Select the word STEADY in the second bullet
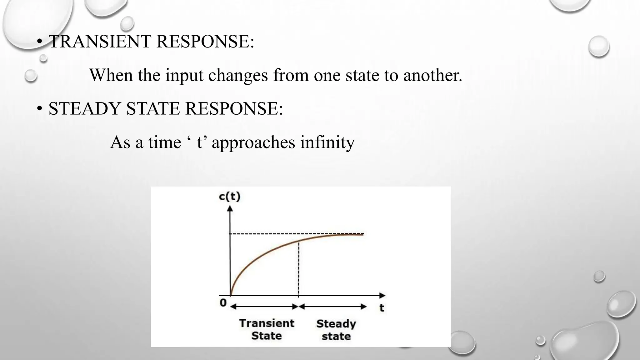(x=85, y=109)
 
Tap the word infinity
(x=327, y=142)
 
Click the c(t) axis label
(x=230, y=197)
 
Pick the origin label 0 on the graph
(x=223, y=303)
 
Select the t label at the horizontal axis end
(x=382, y=308)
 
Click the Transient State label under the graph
(x=267, y=329)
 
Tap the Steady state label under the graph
(x=336, y=330)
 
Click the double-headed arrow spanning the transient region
(x=264, y=307)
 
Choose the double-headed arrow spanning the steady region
(x=332, y=307)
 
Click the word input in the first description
(x=184, y=75)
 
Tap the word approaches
(x=253, y=142)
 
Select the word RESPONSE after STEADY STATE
(x=234, y=109)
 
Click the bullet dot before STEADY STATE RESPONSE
(x=39, y=109)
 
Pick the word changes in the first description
(x=238, y=75)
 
